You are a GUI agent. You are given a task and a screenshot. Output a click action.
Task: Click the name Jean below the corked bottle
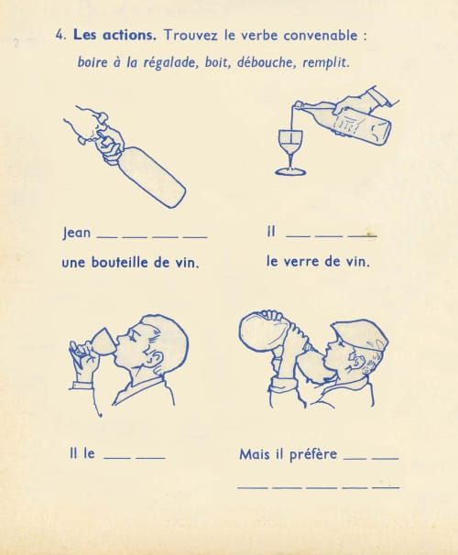76,234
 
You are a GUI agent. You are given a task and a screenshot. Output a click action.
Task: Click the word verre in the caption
309,262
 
